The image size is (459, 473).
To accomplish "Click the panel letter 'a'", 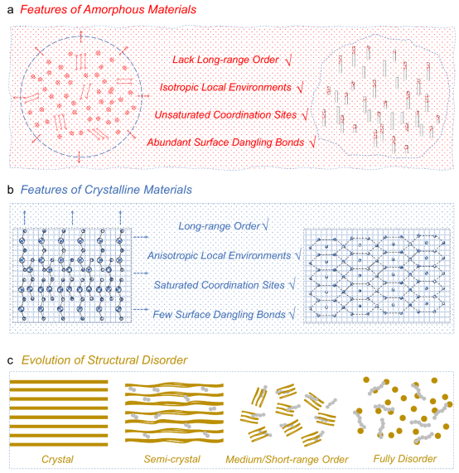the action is [10, 10].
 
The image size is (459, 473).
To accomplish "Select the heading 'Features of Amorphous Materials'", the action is [108, 10].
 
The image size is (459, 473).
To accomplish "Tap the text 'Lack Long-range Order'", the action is [225, 60].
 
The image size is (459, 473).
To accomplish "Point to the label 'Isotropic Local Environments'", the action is [225, 87].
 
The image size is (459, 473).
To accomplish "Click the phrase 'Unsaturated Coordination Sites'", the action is [225, 114].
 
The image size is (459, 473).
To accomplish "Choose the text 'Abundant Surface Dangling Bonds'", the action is [225, 142].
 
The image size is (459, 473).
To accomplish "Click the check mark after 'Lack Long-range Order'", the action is [288, 60].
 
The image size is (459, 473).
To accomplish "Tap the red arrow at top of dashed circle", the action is [81, 36].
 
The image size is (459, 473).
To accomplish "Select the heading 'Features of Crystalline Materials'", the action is [106, 190].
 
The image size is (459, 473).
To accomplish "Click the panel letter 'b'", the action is [11, 190].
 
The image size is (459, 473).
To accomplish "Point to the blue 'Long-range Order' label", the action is [219, 226].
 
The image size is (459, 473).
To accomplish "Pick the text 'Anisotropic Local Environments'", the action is [219, 255].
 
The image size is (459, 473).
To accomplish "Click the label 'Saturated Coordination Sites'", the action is [219, 285].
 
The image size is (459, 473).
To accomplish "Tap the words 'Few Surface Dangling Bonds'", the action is [219, 314].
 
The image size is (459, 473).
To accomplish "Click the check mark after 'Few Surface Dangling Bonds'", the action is [292, 314].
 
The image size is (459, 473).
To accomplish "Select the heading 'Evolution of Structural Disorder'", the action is [104, 360].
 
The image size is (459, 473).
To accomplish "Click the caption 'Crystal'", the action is [57, 459].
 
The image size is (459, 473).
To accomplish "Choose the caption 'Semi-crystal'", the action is [172, 459].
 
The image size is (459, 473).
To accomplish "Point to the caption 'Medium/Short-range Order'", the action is [287, 460].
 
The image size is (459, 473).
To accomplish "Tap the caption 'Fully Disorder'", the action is [405, 459].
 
